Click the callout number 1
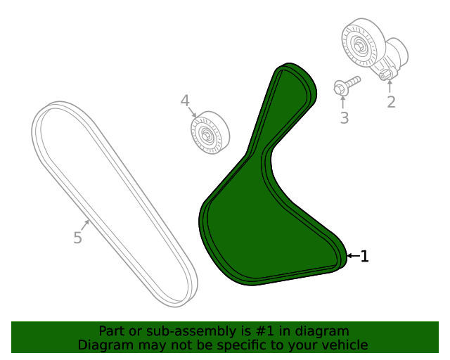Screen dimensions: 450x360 tap(364, 256)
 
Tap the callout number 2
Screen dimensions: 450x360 tap(391, 102)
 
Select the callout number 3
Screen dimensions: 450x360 tap(345, 118)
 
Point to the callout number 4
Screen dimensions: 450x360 tap(185, 101)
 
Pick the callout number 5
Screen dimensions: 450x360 tap(78, 238)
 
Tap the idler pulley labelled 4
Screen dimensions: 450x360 tap(210, 133)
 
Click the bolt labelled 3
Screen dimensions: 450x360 tap(347, 84)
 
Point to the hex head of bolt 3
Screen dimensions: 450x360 tap(340, 87)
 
